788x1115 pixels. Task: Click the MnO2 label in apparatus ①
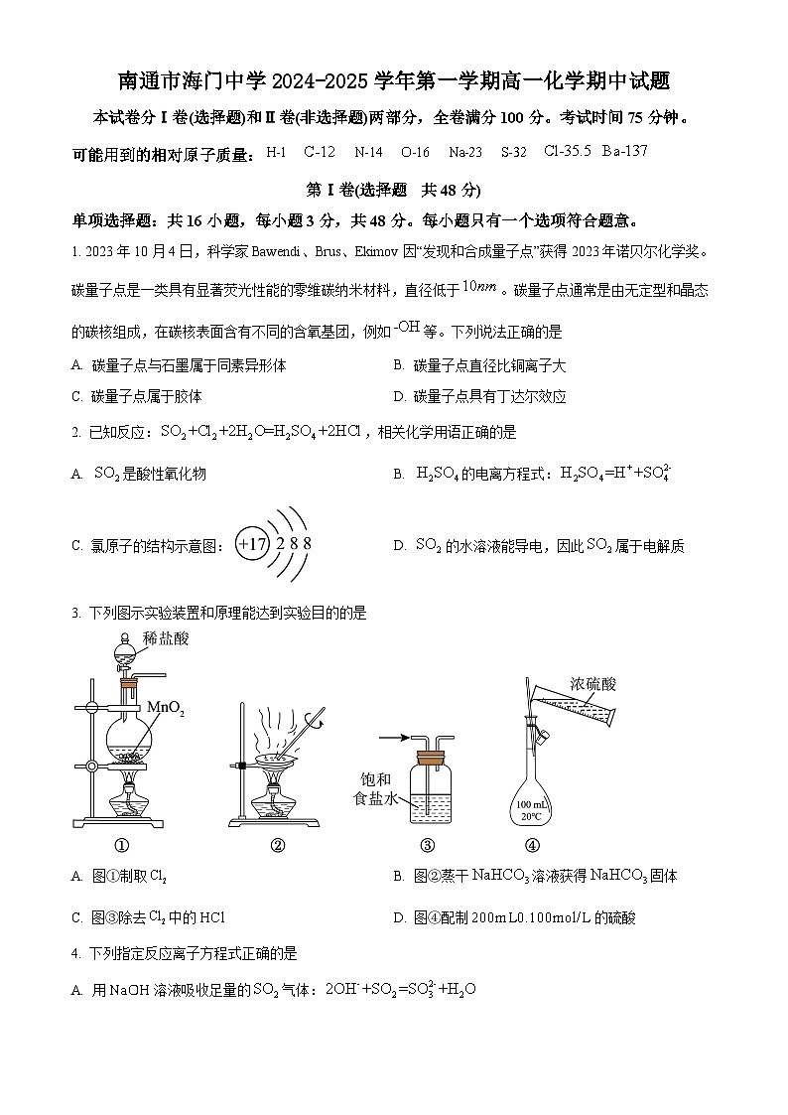pos(166,708)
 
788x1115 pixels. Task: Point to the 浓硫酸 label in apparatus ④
pos(593,684)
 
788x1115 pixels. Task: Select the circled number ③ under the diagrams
pos(428,846)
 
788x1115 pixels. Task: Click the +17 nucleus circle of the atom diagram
pos(253,544)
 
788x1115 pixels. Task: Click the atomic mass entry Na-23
pos(465,153)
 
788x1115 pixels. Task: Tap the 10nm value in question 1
pos(479,287)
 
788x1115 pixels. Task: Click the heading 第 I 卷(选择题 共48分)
pos(393,190)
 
